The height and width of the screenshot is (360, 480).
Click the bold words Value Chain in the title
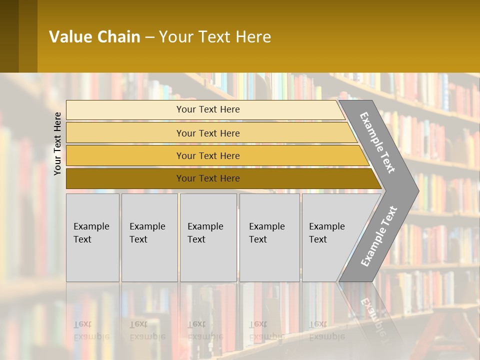(94, 37)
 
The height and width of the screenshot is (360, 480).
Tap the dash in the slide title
(149, 37)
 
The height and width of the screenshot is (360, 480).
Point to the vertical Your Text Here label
(57, 143)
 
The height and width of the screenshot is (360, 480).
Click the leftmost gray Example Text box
(92, 237)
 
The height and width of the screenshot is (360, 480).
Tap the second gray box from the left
(149, 237)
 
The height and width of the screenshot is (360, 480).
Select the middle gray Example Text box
(208, 237)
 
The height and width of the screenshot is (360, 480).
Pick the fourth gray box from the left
(269, 237)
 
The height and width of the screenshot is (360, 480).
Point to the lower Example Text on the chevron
(379, 236)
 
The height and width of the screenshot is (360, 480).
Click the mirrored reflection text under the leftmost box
(91, 330)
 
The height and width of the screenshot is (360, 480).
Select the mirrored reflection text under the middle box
(205, 330)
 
